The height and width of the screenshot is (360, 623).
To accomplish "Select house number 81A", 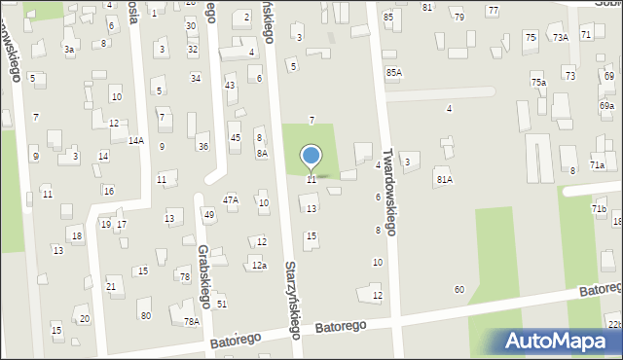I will click(444, 179).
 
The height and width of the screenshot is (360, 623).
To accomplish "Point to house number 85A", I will click(393, 72).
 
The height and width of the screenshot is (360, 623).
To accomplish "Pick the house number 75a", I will click(538, 83).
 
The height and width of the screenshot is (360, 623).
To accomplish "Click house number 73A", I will click(561, 37).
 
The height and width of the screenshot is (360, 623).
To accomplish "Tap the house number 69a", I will click(606, 105).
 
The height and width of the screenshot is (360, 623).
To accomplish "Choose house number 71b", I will click(599, 209).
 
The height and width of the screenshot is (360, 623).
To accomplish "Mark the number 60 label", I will click(459, 290).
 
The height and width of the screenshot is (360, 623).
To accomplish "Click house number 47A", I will click(231, 199).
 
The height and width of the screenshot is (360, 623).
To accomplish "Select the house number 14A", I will click(136, 141).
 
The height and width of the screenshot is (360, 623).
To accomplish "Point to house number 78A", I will click(192, 322).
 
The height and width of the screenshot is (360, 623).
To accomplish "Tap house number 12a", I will click(259, 265).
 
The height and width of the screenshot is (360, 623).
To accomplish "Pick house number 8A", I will click(262, 154).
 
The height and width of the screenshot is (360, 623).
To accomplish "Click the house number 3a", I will click(68, 49).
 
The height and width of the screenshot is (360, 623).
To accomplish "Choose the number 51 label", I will click(222, 305).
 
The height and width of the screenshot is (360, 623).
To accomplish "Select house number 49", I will click(209, 214).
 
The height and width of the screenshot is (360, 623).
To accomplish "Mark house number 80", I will click(145, 315).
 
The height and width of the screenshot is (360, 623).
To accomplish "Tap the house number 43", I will click(230, 86).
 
